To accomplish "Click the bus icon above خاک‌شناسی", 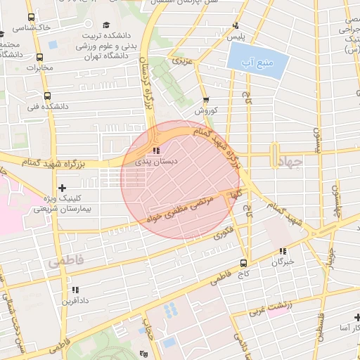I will pos(30,17).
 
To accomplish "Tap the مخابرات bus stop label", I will pos(40,68).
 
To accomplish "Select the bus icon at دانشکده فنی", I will pos(47,96).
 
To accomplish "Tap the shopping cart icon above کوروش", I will pos(205,101).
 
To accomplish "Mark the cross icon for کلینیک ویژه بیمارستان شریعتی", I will pos(63,188).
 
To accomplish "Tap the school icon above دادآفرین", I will pos(75,290).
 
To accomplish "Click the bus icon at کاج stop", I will pos(244,263).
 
